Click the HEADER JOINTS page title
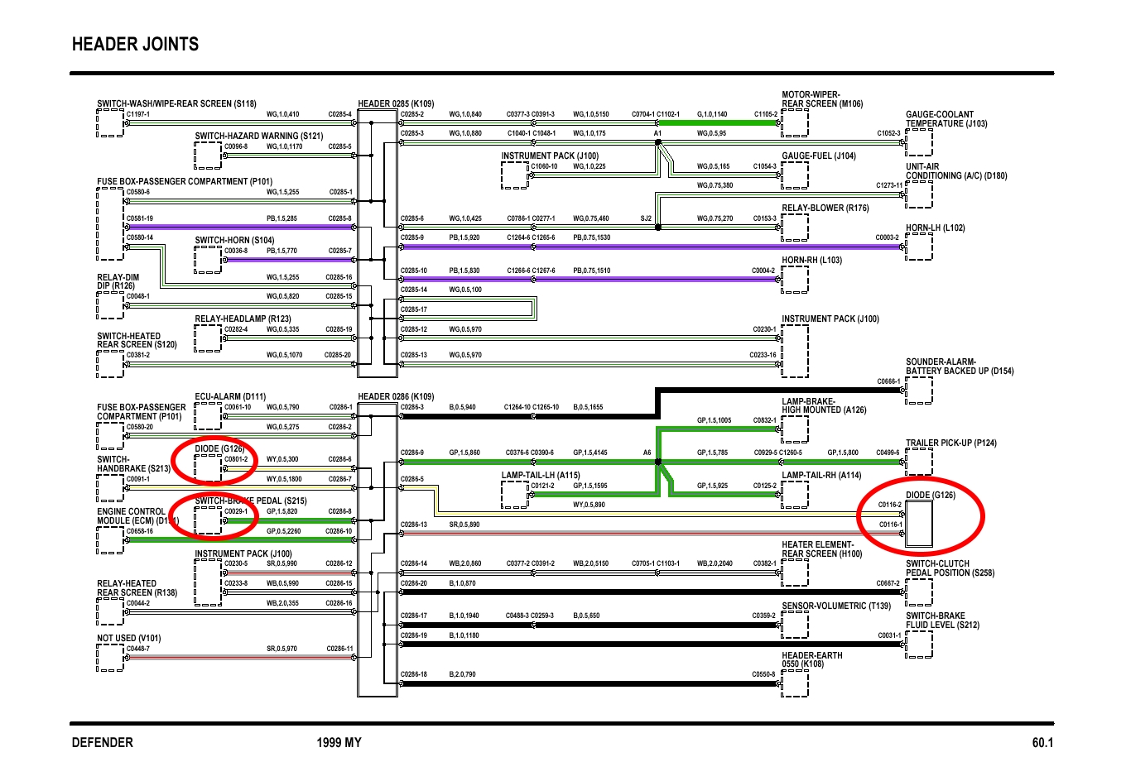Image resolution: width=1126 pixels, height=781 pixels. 135,45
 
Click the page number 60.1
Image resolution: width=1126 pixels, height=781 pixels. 1042,742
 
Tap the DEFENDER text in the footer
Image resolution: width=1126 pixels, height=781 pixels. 102,742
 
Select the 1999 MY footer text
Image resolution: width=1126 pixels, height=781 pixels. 339,742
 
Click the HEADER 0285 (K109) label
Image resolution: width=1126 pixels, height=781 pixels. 395,103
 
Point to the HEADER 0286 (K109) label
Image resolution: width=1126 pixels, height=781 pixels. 395,396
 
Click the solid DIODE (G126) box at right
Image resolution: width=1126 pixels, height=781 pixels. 918,525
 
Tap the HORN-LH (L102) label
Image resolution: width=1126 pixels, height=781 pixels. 935,228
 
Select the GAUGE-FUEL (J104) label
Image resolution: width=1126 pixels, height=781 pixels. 818,156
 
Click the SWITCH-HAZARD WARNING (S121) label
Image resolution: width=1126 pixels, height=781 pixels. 258,136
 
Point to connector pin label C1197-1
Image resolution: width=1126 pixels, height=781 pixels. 137,114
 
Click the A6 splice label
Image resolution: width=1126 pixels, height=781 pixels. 647,453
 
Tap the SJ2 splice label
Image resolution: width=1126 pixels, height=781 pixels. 646,218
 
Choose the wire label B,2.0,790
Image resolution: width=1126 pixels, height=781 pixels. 462,674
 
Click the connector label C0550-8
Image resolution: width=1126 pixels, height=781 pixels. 763,674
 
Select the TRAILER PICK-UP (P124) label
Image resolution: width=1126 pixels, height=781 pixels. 950,443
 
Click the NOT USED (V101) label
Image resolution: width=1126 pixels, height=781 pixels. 128,638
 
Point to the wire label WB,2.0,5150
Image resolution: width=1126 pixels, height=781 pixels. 590,563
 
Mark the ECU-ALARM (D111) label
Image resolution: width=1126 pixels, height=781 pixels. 230,396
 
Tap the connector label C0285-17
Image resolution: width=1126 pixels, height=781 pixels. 413,309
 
